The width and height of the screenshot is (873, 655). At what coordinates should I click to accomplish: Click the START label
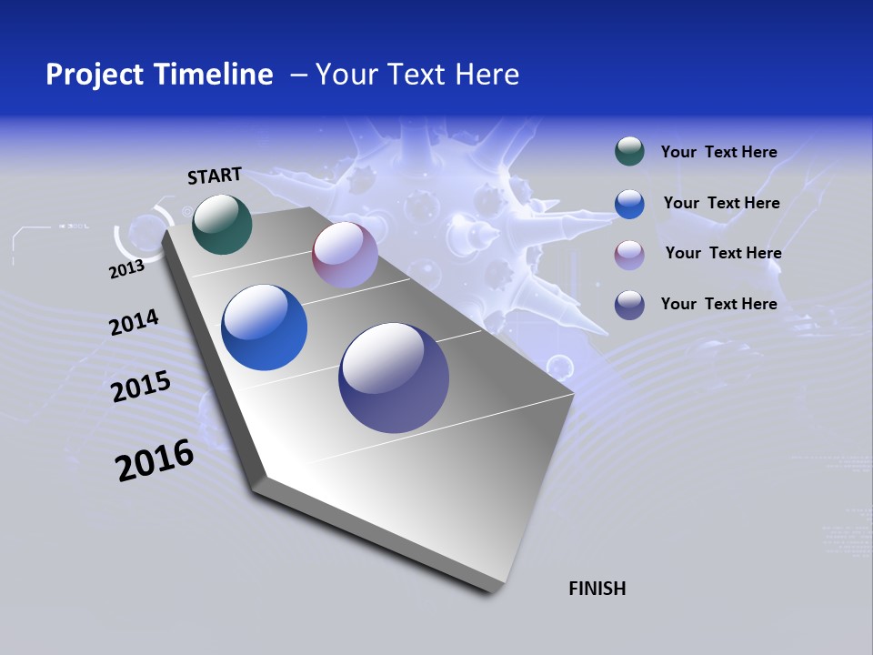215,176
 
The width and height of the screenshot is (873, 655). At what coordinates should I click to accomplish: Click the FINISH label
597,589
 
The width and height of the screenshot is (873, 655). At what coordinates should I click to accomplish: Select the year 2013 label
126,269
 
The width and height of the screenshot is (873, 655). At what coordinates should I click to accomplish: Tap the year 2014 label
134,323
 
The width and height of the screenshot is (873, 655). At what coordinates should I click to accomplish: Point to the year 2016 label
155,460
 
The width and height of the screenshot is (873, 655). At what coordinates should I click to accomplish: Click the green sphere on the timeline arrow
222,224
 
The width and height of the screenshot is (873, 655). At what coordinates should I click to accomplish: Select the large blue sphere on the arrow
264,327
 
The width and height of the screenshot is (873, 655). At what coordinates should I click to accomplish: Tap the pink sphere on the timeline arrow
345,255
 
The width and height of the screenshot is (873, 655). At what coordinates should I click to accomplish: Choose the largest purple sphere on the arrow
394,378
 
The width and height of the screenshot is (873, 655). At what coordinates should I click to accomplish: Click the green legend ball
629,152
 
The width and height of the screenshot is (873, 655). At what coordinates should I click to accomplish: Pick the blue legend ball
629,204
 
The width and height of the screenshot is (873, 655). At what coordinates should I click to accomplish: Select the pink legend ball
629,254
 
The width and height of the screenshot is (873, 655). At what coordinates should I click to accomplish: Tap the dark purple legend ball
629,305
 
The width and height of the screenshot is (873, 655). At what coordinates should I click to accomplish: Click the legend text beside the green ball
718,152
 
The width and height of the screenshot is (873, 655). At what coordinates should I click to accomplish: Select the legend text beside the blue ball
721,203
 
